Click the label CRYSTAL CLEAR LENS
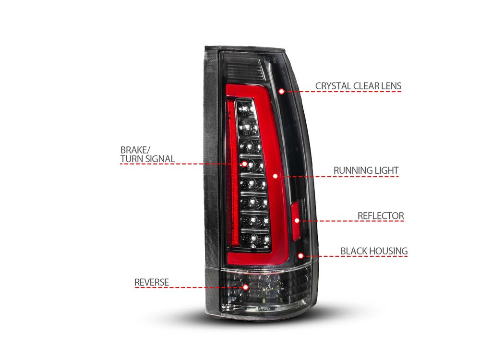tap(358, 86)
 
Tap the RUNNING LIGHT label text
tap(366, 170)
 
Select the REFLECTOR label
tap(381, 216)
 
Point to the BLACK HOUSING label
tap(374, 251)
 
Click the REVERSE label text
tap(151, 282)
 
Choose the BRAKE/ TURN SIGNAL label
tap(147, 154)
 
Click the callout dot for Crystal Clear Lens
tap(281, 91)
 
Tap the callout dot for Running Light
tap(275, 176)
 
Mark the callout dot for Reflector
tap(297, 220)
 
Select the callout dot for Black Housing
tap(300, 256)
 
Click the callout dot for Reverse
tap(246, 287)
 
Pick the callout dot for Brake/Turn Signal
tap(244, 164)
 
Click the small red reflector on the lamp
tap(295, 221)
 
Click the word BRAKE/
tap(135, 150)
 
